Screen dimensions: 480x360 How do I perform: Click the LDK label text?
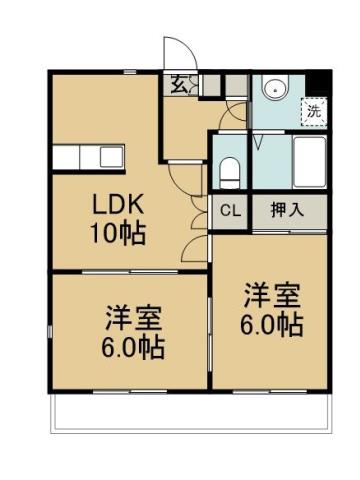[x=119, y=206]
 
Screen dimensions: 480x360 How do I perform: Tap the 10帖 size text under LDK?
[x=119, y=235]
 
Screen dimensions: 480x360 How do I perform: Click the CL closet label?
[x=229, y=211]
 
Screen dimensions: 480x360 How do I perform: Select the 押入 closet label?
[x=287, y=211]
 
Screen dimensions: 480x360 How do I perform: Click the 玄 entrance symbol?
[x=178, y=85]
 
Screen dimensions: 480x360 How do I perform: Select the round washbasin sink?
[x=276, y=90]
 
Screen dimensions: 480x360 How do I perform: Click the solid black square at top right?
[x=320, y=83]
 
